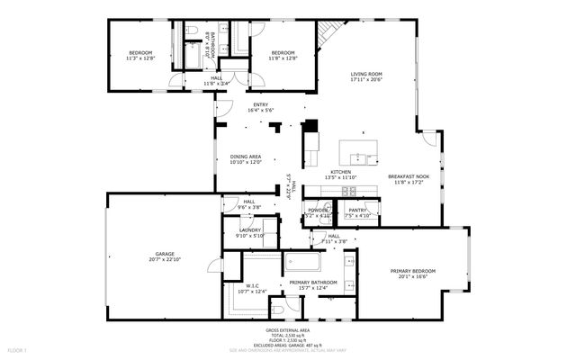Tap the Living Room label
pyautogui.click(x=366, y=77)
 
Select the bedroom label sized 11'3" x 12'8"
pyautogui.click(x=139, y=55)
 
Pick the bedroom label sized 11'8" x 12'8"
pyautogui.click(x=283, y=55)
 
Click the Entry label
pyautogui.click(x=261, y=107)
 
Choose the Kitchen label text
pyautogui.click(x=340, y=175)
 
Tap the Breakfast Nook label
pyautogui.click(x=408, y=179)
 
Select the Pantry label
pyautogui.click(x=357, y=213)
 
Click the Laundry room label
pyautogui.click(x=248, y=232)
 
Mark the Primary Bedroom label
pyautogui.click(x=413, y=274)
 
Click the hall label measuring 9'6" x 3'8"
pyautogui.click(x=248, y=204)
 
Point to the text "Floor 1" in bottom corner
pyautogui.click(x=17, y=348)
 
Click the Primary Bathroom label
pyautogui.click(x=311, y=285)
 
